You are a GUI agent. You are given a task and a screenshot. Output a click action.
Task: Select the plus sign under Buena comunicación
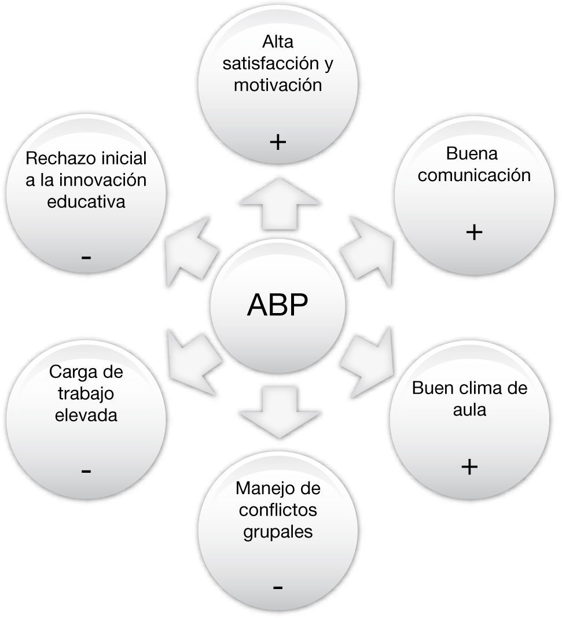(473, 232)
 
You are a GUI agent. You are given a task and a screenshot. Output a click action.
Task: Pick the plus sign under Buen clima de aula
(470, 466)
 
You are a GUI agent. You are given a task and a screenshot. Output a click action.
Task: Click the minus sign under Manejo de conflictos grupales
(277, 588)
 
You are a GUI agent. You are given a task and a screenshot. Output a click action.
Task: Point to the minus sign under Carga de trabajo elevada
(86, 472)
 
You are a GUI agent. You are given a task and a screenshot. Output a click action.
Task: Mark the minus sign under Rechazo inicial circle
(86, 256)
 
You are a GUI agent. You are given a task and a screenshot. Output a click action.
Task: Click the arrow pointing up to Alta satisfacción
(279, 203)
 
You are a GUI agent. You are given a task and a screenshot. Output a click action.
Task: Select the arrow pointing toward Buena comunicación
(366, 246)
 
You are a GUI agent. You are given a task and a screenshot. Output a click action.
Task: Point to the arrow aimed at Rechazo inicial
(191, 246)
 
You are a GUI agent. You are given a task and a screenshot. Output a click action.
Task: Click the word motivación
(277, 85)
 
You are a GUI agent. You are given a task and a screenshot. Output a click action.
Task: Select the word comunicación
(474, 175)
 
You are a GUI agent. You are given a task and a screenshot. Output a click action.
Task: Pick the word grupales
(278, 531)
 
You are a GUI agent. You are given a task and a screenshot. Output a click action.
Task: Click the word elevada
(86, 415)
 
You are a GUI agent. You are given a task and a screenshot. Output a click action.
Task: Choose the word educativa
(86, 201)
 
